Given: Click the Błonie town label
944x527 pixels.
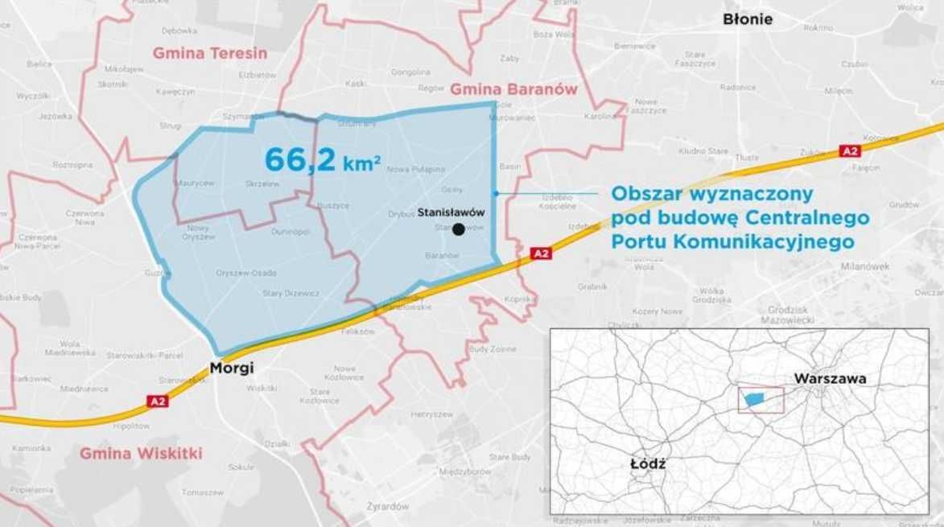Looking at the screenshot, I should [747, 19].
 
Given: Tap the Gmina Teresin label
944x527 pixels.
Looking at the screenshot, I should [210, 53].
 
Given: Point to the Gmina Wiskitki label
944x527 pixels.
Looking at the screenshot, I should [141, 453].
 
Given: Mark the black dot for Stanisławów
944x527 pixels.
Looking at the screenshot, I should [459, 229].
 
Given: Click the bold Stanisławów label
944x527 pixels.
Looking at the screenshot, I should [451, 212].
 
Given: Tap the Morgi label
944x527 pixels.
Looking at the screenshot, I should [231, 368].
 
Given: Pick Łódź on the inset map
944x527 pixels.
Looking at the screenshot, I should [648, 463].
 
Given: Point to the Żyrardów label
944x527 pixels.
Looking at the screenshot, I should [388, 506].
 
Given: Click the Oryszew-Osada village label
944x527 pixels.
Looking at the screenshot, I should [246, 272].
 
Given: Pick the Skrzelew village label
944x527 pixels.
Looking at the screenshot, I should [262, 183].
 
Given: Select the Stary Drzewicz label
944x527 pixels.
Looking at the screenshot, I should [291, 293].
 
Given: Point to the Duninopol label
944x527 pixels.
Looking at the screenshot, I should [291, 231].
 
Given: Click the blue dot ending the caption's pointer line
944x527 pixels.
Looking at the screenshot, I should [497, 193].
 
